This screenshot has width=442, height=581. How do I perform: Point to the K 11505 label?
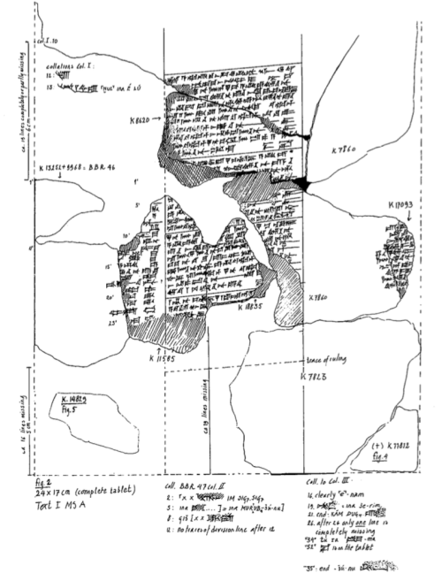tap(161, 358)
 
